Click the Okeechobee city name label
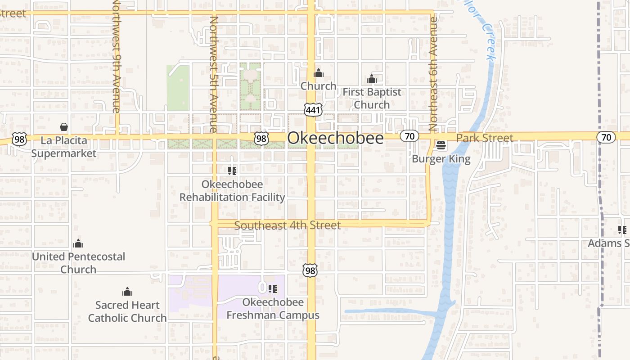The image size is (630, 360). pos(335,138)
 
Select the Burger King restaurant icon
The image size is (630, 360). pos(441,146)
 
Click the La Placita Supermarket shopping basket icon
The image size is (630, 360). pos(64,127)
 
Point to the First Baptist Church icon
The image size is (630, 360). pos(371,79)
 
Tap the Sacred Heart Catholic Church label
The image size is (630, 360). pos(127,311)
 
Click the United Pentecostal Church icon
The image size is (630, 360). pos(78,244)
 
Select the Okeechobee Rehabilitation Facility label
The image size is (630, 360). pos(232,191)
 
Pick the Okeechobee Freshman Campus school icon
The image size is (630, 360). pos(272,289)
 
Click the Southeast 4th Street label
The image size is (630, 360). pos(288,225)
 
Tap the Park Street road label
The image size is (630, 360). pos(484,138)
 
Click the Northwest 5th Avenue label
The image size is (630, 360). pos(214,74)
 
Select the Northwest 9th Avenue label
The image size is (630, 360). pos(116,56)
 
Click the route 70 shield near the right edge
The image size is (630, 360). pos(606,137)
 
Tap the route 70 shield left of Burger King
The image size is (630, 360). pos(409,136)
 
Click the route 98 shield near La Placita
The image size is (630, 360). pos(19,139)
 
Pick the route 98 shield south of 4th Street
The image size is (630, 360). pos(310,270)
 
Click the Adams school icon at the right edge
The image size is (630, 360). pos(622,230)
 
